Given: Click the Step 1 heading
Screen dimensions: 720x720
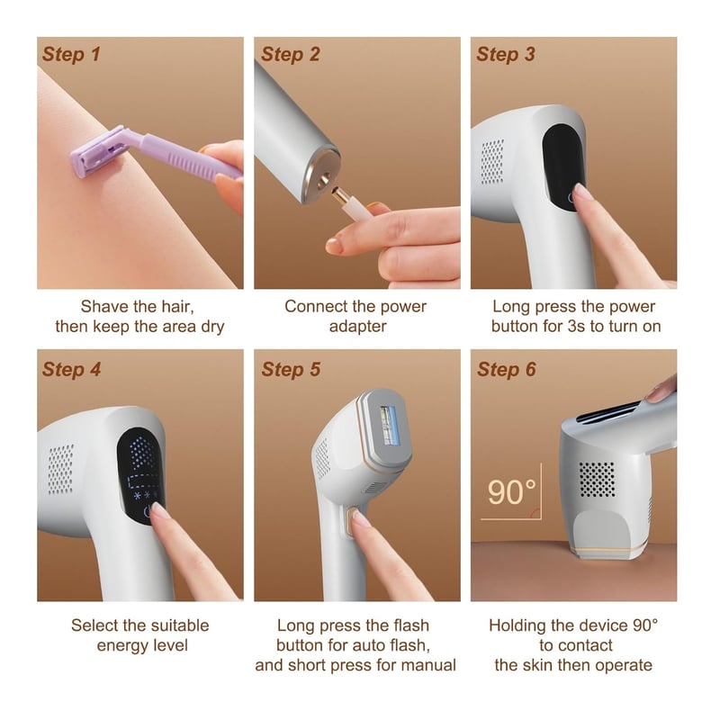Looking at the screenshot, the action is click(x=71, y=54).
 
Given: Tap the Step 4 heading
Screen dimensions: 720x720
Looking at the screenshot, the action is click(x=72, y=370).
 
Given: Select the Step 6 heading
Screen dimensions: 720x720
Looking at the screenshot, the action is click(x=507, y=370).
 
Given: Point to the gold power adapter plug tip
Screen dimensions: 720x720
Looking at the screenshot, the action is click(x=340, y=195).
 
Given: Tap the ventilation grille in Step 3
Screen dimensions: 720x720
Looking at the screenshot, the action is click(x=492, y=162).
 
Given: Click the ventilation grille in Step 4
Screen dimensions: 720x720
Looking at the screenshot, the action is click(x=61, y=469).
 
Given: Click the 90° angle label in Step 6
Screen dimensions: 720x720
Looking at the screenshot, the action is click(x=511, y=492).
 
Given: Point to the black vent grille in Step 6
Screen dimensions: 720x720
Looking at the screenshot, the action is click(x=597, y=480).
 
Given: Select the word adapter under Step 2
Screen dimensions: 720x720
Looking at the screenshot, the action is click(x=357, y=327).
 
